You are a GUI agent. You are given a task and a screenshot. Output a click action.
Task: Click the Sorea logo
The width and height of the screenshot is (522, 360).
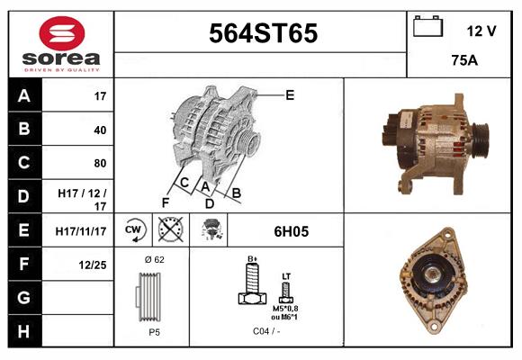(x=61, y=44)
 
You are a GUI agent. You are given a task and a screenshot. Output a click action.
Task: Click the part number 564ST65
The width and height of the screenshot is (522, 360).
(x=263, y=34)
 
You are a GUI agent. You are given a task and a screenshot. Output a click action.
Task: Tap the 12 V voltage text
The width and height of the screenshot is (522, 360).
(x=481, y=31)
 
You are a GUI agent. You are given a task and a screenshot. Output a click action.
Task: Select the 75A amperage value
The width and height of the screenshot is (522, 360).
(x=463, y=61)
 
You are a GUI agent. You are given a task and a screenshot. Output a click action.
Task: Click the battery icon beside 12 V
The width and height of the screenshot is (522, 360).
(x=427, y=27)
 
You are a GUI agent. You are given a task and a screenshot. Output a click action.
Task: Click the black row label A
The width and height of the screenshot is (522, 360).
(x=24, y=95)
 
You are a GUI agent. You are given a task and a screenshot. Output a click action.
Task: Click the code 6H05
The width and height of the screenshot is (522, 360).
(x=291, y=231)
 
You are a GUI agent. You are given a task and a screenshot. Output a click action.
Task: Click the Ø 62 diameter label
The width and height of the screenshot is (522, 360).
(x=152, y=259)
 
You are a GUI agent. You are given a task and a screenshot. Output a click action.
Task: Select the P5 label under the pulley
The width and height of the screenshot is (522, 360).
(x=154, y=331)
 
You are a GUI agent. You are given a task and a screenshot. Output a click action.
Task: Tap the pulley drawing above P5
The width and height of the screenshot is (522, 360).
(x=153, y=295)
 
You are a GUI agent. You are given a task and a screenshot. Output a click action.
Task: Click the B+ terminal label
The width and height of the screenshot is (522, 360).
(x=253, y=258)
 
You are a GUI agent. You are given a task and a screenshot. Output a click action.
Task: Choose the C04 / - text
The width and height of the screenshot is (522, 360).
(x=266, y=331)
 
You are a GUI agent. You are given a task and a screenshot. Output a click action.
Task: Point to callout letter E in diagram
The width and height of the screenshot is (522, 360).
(x=290, y=94)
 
